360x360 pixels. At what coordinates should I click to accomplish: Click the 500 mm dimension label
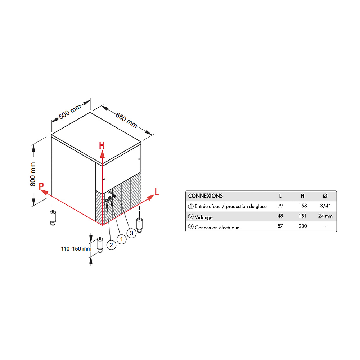click(70, 112)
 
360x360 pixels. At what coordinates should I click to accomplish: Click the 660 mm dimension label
click(126, 120)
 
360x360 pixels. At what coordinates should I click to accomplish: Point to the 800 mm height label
click(33, 174)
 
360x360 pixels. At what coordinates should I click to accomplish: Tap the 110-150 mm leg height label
click(76, 249)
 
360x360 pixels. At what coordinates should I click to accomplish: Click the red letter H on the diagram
click(102, 145)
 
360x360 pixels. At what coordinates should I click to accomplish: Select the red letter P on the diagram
click(41, 186)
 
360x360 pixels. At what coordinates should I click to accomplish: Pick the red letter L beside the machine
click(157, 191)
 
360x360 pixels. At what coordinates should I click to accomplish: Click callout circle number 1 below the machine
click(121, 239)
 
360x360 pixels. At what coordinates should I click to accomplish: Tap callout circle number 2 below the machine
click(111, 245)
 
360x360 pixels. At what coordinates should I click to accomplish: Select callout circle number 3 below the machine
click(131, 233)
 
